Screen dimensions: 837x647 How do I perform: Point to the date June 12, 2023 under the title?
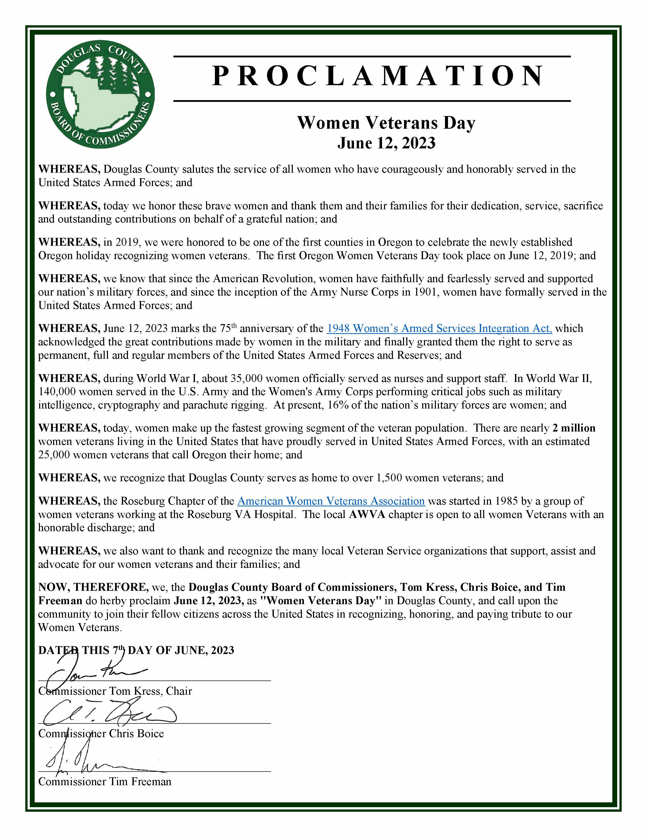386,143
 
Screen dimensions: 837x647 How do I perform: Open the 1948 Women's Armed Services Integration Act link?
439,328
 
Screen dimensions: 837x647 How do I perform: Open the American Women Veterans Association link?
331,501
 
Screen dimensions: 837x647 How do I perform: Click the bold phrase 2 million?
574,428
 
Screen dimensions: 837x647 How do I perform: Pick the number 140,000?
57,392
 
